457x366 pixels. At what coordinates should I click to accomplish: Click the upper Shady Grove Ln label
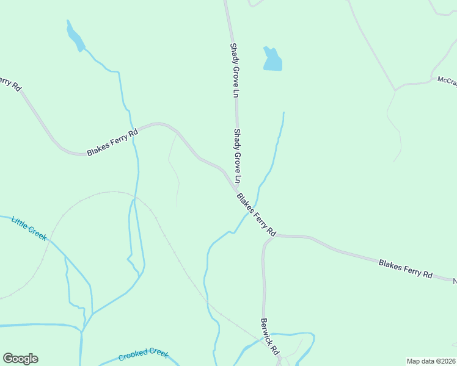[x=234, y=70]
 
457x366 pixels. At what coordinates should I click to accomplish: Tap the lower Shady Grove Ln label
[x=237, y=156]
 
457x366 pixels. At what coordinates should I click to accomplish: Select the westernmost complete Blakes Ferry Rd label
[x=112, y=142]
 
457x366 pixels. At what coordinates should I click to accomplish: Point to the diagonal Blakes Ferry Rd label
[x=257, y=215]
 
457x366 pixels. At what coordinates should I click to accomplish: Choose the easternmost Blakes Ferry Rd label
[x=405, y=269]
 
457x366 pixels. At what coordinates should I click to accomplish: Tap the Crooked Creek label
[x=143, y=354]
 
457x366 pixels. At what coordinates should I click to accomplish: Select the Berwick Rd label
[x=269, y=337]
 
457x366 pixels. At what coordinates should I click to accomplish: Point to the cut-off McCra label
[x=447, y=82]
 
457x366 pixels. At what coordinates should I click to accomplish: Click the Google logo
[x=20, y=359]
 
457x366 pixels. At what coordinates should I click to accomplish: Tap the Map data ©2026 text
[x=431, y=361]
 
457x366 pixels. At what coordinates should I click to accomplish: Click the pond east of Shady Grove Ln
[x=272, y=59]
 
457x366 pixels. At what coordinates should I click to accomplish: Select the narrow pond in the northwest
[x=75, y=37]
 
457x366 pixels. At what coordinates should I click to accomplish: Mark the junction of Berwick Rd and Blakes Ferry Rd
[x=271, y=236]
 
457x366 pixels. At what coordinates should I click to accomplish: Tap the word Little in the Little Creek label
[x=21, y=223]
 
